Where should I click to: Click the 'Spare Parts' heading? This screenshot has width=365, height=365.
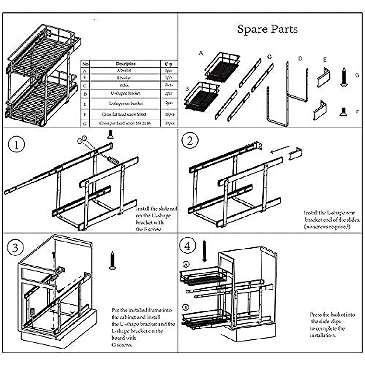point(267,29)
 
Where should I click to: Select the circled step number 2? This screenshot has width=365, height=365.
point(190,141)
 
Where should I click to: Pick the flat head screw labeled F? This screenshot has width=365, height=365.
point(343,112)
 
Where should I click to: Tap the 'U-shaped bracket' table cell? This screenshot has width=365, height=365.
point(125,93)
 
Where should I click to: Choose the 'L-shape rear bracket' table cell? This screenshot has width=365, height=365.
point(125,103)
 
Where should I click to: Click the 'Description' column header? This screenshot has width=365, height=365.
point(125,64)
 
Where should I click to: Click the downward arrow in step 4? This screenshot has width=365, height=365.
point(205,251)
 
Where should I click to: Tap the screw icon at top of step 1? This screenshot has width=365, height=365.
point(110,135)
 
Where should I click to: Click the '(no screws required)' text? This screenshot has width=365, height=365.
point(327,227)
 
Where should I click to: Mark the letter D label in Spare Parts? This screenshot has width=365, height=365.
point(300,58)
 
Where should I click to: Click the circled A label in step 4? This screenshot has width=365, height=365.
point(186,264)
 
